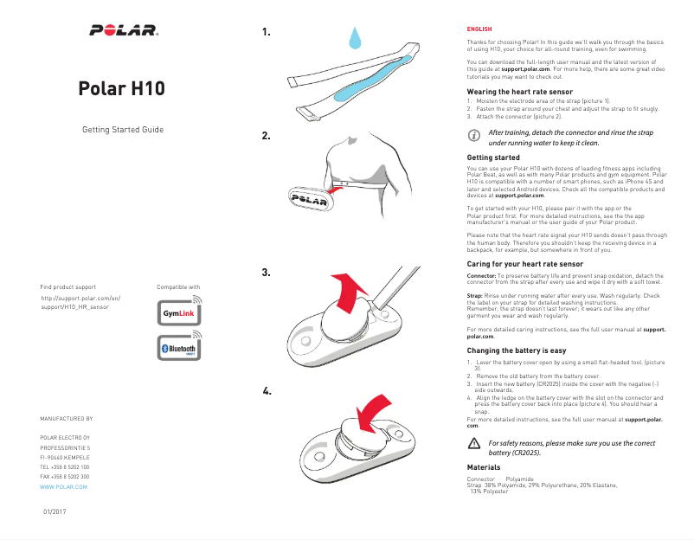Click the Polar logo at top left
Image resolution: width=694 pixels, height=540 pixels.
click(123, 31)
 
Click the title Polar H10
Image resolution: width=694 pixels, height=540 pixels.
click(122, 89)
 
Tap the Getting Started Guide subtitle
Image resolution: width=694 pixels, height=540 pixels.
click(122, 130)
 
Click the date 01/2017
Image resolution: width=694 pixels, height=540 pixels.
click(55, 512)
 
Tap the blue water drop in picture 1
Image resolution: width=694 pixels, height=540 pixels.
click(354, 38)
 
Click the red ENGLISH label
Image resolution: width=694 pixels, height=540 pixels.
click(479, 29)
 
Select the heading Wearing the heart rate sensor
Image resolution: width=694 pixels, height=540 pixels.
click(519, 92)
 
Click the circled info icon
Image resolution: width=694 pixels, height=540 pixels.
click(473, 137)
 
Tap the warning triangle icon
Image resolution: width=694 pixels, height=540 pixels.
click(473, 443)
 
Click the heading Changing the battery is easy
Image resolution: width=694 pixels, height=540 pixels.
click(516, 350)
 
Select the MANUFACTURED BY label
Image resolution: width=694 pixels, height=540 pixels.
click(66, 418)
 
